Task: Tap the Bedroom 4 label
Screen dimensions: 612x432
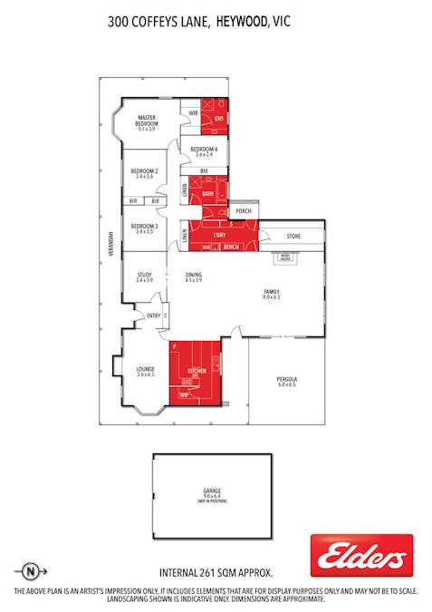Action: [203, 149]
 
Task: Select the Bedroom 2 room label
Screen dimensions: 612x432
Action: [144, 171]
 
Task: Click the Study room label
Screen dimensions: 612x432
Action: [144, 275]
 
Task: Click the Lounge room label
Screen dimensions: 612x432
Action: [146, 369]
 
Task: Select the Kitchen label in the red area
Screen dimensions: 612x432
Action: [197, 372]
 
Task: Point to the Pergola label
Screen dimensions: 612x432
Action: [287, 379]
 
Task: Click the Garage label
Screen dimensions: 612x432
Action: [212, 494]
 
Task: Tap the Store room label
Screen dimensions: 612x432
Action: [293, 238]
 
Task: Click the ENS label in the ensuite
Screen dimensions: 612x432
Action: [218, 118]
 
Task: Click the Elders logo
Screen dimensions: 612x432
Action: [361, 556]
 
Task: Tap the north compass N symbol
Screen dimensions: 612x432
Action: [32, 572]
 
